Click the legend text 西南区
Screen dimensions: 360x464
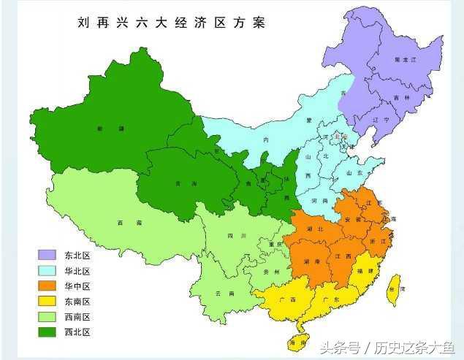click(78, 317)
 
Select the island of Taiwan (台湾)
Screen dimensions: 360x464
click(395, 289)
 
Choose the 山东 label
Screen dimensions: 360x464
click(354, 173)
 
